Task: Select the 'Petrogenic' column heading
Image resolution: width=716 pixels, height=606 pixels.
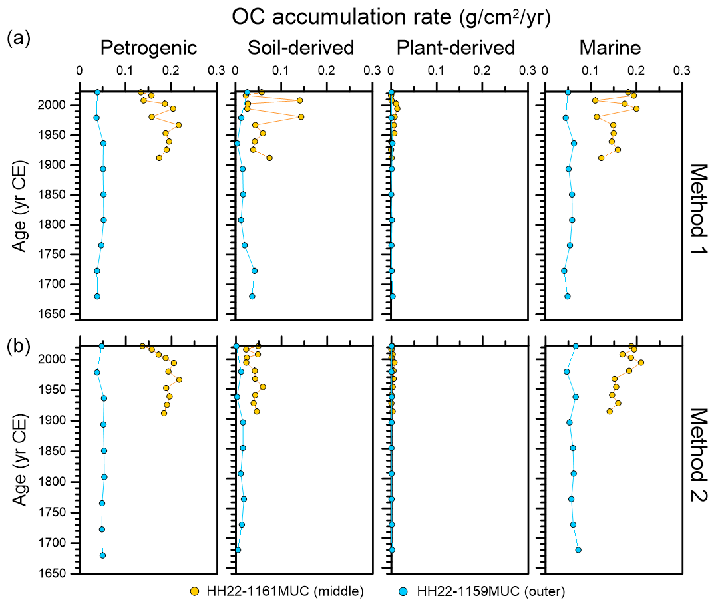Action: [148, 48]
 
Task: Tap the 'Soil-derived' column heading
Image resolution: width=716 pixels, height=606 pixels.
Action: [300, 48]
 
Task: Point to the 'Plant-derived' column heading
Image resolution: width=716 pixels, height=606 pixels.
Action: [455, 48]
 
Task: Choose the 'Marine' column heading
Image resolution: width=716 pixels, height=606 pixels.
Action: [610, 48]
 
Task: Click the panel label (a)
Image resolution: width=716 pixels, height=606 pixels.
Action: [18, 38]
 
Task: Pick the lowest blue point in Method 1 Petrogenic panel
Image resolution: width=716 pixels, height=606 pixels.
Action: [97, 297]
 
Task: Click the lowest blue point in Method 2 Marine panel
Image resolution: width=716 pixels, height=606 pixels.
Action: [578, 550]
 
